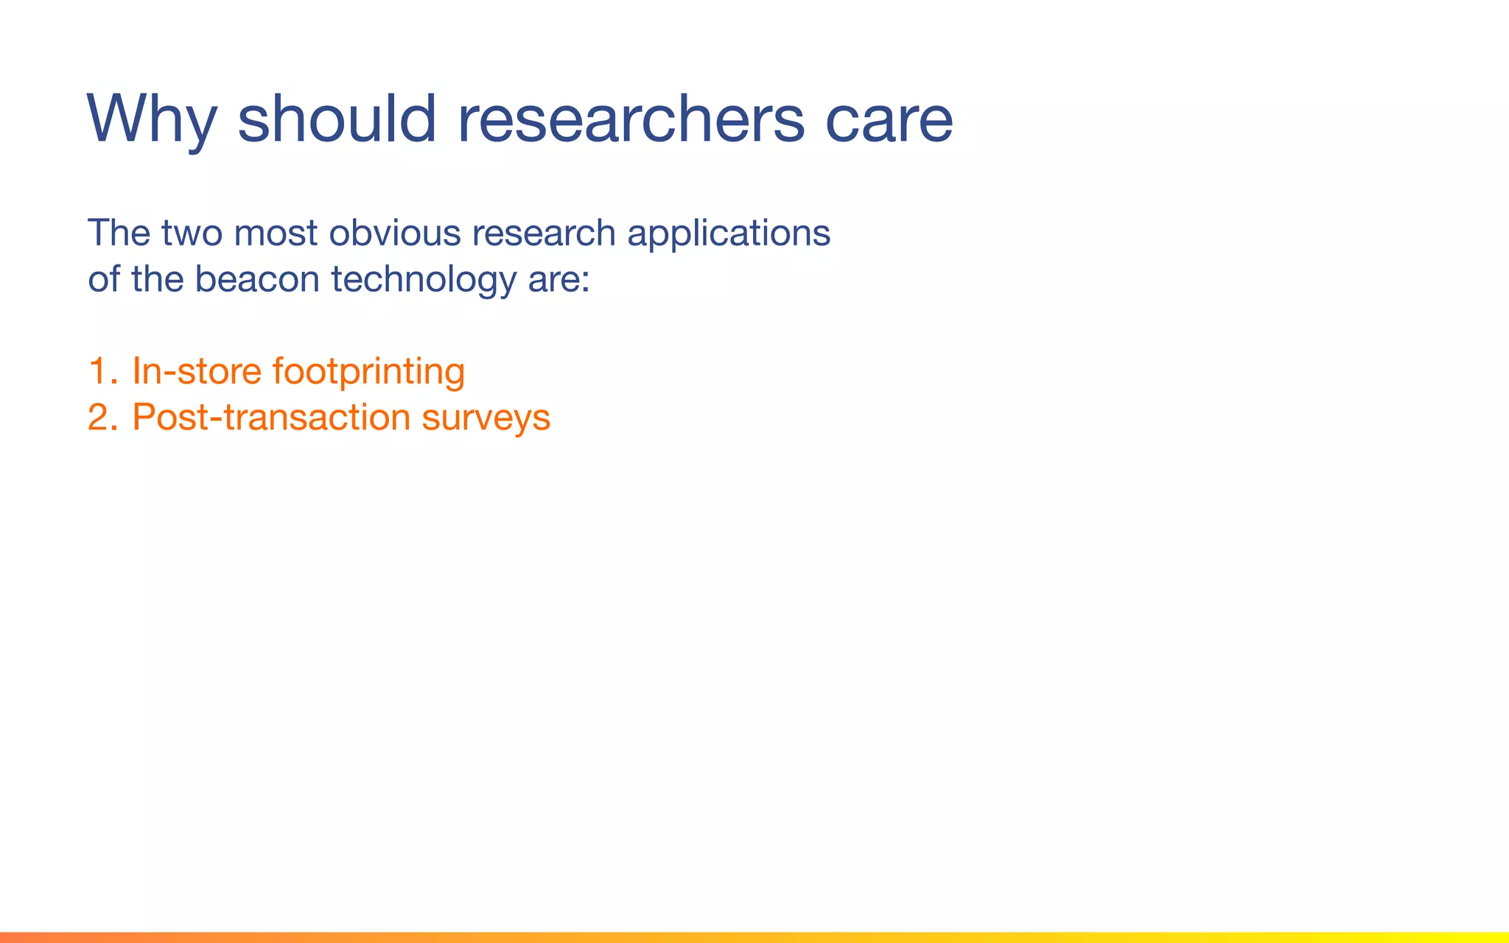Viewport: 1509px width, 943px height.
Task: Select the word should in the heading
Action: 337,119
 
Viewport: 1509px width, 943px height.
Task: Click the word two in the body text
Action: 192,234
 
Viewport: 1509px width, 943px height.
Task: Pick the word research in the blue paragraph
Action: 544,234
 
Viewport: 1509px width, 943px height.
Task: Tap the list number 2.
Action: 101,418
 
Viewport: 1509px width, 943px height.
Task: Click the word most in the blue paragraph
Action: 276,234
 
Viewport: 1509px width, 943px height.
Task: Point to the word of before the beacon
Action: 104,280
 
